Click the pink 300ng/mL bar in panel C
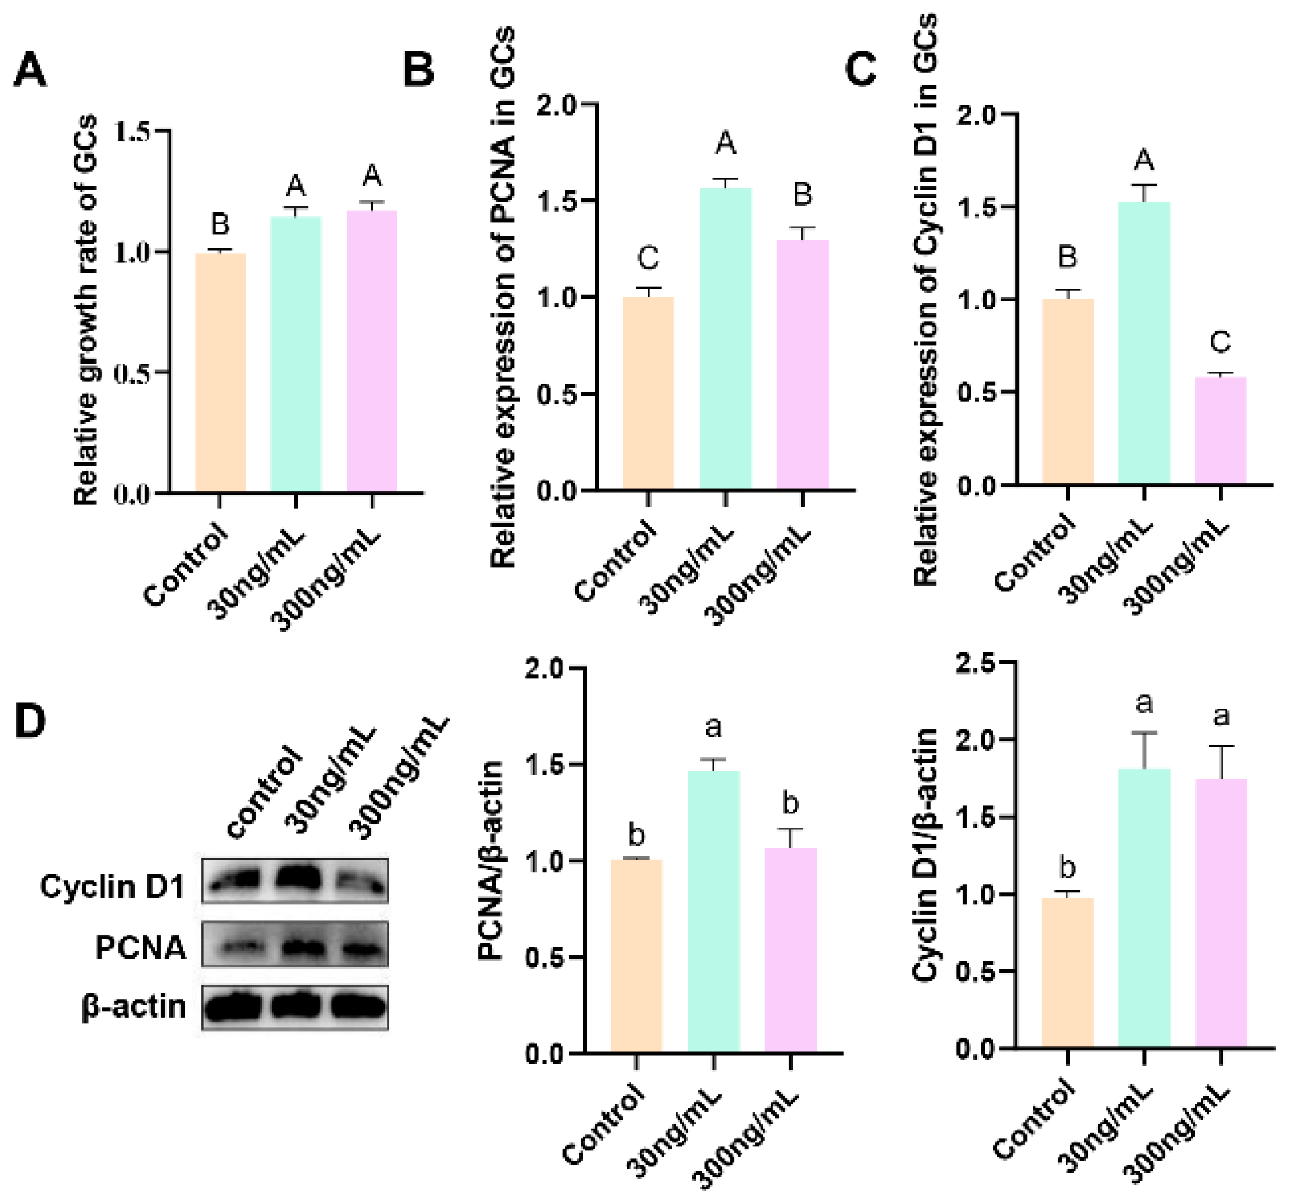[1220, 431]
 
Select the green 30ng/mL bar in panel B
[725, 338]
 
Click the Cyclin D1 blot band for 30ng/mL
[298, 880]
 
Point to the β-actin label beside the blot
[133, 1007]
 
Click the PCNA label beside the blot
[140, 947]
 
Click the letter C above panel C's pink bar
[1220, 342]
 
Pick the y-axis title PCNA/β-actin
[491, 860]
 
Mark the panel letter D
[30, 721]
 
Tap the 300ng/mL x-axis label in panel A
[325, 581]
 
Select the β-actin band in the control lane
[233, 1007]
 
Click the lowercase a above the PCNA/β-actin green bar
[713, 728]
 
